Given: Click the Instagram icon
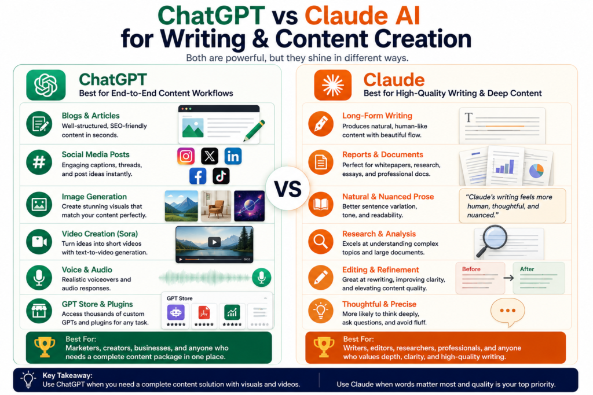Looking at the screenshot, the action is point(186,156).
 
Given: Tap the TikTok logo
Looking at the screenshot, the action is point(221,176).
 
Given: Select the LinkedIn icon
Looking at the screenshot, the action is point(233,156).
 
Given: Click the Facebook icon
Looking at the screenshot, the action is point(198,176).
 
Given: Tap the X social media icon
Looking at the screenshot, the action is point(210,156).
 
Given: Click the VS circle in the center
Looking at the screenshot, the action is point(288,189).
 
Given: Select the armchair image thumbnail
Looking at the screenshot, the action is point(216,206).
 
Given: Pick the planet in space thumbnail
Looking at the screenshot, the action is point(249,206).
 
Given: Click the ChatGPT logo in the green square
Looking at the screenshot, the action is point(46,85).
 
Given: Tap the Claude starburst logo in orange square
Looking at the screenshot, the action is point(333,85).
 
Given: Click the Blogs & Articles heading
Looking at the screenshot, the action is point(91,116).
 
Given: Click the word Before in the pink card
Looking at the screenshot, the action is point(471,270).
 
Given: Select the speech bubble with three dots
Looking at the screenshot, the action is point(507,312).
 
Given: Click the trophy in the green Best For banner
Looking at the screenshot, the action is point(45,346).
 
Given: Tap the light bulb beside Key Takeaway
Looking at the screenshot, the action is point(28,379).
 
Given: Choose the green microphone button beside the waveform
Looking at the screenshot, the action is point(262,278).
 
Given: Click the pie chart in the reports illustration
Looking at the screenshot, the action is point(536,171).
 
